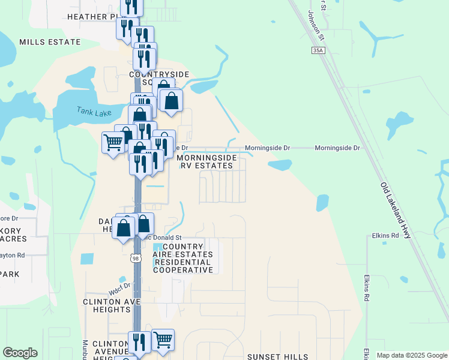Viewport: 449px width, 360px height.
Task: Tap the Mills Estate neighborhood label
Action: pyautogui.click(x=50, y=42)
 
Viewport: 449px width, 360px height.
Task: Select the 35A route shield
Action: pyautogui.click(x=318, y=52)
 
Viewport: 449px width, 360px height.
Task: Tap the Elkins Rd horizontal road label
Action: pyautogui.click(x=385, y=236)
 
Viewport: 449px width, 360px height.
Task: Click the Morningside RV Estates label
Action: pyautogui.click(x=206, y=161)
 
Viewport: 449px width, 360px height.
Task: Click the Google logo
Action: pyautogui.click(x=20, y=353)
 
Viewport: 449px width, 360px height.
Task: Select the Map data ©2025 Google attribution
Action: pyautogui.click(x=411, y=355)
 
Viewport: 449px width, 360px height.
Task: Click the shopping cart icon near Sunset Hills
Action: pyautogui.click(x=163, y=340)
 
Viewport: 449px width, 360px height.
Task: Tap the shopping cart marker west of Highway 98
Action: pyautogui.click(x=113, y=143)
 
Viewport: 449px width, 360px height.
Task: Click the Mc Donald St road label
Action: pyautogui.click(x=159, y=237)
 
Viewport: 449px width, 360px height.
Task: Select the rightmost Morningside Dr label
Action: pyautogui.click(x=337, y=148)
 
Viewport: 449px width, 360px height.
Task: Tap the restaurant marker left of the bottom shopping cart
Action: pyautogui.click(x=139, y=343)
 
